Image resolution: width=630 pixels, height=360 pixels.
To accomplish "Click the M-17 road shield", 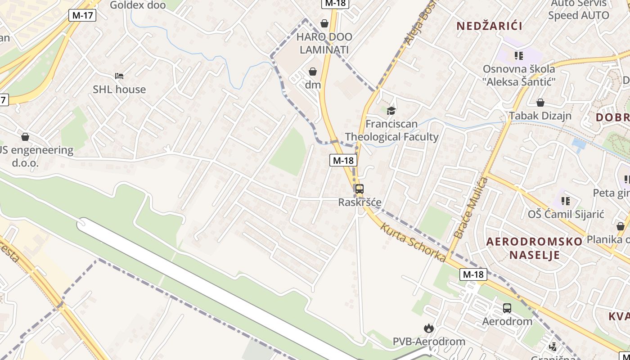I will coord(82,15).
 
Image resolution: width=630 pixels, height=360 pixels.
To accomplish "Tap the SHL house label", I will coord(119,89).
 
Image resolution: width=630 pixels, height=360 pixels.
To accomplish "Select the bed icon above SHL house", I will coord(119,76).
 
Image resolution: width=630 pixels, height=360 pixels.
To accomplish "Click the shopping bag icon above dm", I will coord(313,72).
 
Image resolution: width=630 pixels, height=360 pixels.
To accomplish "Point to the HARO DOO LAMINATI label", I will coord(324,43).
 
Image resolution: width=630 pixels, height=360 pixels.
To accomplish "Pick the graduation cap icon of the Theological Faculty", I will coord(391,111).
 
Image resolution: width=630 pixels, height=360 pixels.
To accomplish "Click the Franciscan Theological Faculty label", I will coord(391,130).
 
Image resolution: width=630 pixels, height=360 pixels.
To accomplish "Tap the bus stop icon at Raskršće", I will coord(359,189).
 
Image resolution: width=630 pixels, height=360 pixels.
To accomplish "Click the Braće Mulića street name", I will coord(471,208).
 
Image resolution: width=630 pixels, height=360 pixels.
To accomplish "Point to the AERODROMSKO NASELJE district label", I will coord(534,248).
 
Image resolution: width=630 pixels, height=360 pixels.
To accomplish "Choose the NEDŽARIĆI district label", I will coord(490,26).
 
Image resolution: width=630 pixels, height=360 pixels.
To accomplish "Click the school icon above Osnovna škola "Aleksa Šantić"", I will coord(518,55).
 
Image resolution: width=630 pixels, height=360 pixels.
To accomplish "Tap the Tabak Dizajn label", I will coord(540,116).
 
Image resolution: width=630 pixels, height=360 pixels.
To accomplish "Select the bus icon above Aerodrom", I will coord(507,308).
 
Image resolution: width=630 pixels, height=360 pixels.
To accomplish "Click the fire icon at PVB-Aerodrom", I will coord(428,328).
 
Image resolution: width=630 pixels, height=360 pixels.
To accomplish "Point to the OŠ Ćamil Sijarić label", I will coord(566,214).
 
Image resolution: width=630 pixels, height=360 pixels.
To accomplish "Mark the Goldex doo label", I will coord(138,5).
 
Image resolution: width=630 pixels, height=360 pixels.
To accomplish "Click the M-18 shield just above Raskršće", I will coord(343,160).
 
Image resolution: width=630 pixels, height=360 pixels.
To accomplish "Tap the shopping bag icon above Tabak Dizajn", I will coord(540,103).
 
